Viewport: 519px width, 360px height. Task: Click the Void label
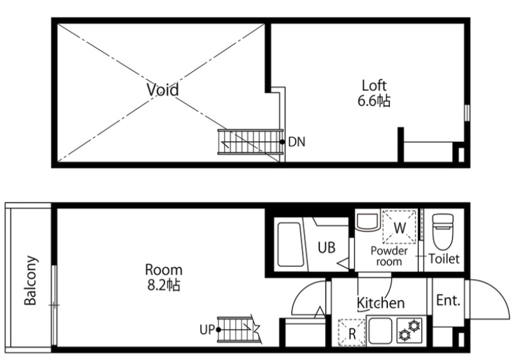[x=163, y=89]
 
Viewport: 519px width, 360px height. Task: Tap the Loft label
[x=374, y=85]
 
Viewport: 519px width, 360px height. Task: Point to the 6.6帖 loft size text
[x=374, y=100]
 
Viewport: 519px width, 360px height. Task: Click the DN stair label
[x=297, y=142]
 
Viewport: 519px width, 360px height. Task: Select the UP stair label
[x=208, y=329]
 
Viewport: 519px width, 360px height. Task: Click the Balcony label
[x=31, y=280]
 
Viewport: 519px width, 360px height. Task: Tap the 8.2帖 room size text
[x=164, y=285]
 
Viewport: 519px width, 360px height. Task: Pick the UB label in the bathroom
[x=326, y=248]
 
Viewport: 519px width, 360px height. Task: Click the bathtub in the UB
[x=289, y=244]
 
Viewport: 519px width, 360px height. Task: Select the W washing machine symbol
[x=400, y=227]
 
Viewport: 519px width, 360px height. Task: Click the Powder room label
[x=389, y=256]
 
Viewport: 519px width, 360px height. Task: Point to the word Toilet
[x=444, y=259]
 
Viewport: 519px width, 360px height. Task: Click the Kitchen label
[x=381, y=303]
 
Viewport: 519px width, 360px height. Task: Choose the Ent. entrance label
[x=449, y=300]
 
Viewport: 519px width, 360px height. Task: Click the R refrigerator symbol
[x=352, y=332]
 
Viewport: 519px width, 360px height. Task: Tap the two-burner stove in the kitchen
[x=409, y=330]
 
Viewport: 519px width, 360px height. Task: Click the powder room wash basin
[x=367, y=221]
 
